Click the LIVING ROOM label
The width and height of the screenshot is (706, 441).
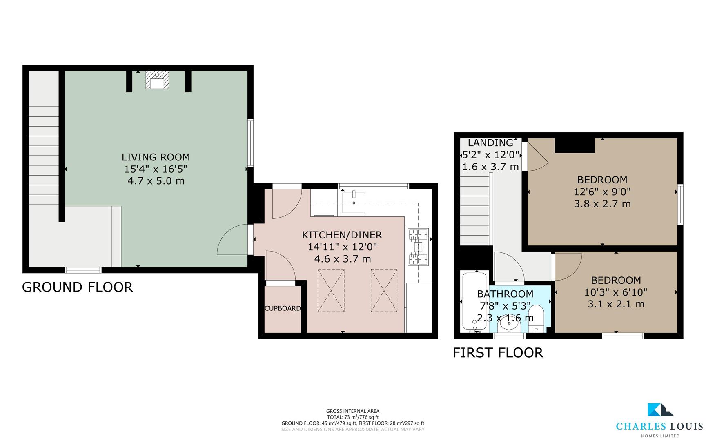click(156, 157)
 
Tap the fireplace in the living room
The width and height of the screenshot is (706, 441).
click(157, 80)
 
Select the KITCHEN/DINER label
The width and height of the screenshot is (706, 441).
click(342, 235)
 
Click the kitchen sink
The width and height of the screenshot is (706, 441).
click(354, 202)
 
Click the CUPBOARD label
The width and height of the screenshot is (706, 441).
click(283, 308)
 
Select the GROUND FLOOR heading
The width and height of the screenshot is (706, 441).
click(78, 287)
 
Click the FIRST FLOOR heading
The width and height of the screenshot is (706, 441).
click(498, 352)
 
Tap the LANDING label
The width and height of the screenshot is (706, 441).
click(490, 143)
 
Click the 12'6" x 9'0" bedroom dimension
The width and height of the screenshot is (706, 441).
click(602, 192)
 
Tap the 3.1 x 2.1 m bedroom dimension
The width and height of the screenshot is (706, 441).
click(616, 304)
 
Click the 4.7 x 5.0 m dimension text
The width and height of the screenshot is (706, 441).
click(156, 180)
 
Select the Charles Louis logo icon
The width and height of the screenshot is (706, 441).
click(660, 410)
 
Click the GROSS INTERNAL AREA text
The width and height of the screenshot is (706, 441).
click(353, 411)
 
